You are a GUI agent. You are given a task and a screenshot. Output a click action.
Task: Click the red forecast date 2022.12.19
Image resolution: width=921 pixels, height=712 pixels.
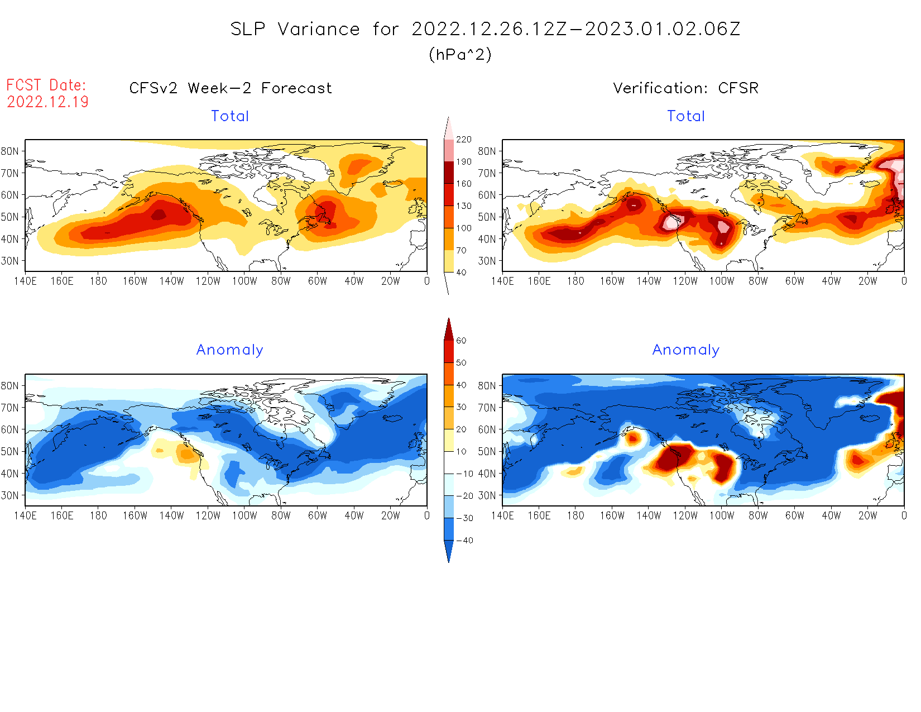click(48, 102)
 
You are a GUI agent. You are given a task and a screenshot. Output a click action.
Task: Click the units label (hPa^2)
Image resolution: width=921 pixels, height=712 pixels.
click(460, 55)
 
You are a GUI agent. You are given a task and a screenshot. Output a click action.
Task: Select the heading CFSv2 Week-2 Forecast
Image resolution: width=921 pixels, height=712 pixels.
click(231, 88)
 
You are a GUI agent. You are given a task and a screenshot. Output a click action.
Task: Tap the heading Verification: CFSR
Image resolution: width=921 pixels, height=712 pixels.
click(685, 88)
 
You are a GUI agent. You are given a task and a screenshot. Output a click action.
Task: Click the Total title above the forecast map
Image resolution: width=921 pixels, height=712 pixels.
click(230, 116)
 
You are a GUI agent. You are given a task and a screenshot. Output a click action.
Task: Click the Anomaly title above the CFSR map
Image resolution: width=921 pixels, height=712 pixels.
click(685, 350)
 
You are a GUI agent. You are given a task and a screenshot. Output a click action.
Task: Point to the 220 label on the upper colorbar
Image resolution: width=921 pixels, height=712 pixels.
click(463, 140)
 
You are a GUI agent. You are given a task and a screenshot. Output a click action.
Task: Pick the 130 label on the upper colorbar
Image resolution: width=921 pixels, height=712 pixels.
click(463, 206)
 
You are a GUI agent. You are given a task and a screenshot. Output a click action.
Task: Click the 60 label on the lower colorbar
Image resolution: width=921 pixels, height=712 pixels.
click(461, 341)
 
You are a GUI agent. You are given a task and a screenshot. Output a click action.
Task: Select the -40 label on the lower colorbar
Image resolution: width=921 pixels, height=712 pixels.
click(464, 541)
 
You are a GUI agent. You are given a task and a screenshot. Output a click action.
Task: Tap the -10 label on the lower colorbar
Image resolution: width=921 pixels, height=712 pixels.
click(464, 474)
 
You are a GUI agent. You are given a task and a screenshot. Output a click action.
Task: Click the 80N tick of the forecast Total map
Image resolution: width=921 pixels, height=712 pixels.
click(10, 151)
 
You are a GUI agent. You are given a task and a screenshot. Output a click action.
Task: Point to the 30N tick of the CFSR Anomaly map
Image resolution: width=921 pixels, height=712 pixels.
click(487, 495)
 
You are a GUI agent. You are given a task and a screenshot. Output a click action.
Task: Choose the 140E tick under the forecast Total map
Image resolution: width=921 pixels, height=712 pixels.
click(25, 281)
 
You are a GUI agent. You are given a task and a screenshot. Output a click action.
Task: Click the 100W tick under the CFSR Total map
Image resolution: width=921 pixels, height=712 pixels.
click(721, 281)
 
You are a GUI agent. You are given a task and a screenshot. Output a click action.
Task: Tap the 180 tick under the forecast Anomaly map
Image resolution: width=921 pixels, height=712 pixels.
click(98, 516)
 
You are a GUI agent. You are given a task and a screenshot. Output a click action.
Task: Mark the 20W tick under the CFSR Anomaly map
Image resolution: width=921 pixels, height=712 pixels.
click(867, 516)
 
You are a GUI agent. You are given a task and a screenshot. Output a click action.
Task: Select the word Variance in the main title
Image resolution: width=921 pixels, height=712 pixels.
click(319, 29)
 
